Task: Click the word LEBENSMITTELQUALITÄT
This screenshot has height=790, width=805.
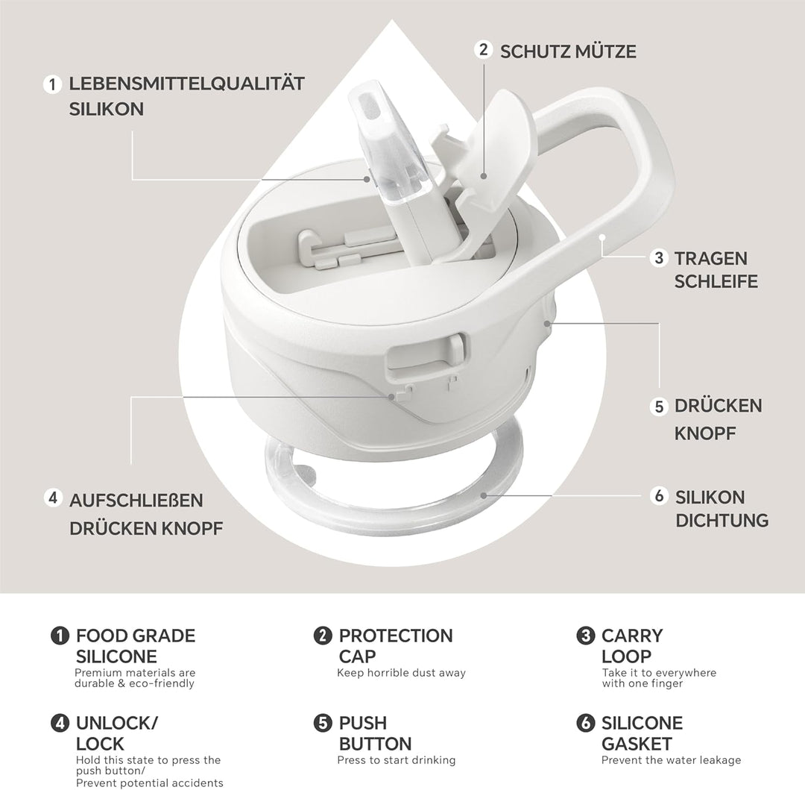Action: point(187,84)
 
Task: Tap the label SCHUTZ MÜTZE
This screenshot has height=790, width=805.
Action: point(568,51)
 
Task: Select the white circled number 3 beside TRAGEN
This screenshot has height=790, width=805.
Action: point(659,257)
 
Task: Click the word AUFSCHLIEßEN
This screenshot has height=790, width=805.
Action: point(136,501)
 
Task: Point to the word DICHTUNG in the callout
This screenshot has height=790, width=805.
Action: point(722,521)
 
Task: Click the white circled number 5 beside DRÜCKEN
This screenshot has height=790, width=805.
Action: point(659,407)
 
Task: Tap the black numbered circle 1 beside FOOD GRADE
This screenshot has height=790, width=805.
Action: point(60,636)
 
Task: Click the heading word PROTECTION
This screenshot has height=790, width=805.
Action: point(396,636)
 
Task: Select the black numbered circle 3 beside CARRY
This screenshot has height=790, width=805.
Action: point(585,636)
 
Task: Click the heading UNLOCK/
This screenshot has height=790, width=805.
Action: point(117,723)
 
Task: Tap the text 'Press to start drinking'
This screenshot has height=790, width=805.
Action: point(397,759)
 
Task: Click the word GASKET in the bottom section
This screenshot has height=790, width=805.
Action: point(637,744)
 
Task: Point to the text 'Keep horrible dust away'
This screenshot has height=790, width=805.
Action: point(402,672)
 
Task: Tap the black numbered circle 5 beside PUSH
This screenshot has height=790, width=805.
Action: point(323,723)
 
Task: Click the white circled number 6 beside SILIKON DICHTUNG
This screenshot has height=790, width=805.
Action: point(659,495)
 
